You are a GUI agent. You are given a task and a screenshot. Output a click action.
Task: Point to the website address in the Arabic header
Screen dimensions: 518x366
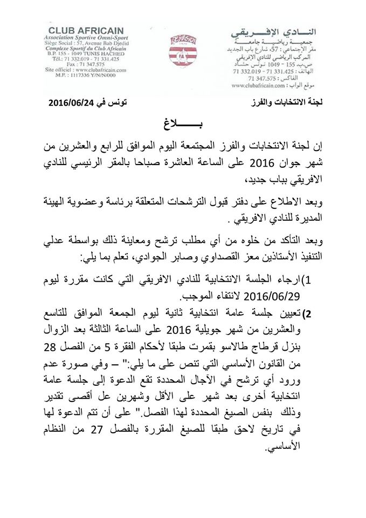point(265,84)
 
